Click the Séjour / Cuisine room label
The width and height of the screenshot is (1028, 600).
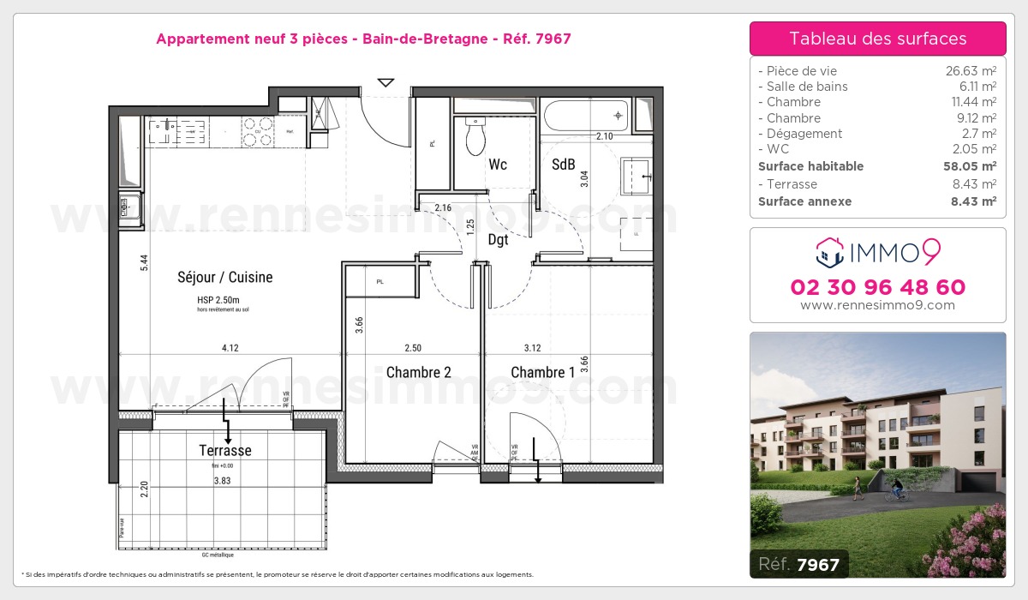pyautogui.click(x=224, y=277)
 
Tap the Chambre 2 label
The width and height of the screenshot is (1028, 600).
pyautogui.click(x=418, y=372)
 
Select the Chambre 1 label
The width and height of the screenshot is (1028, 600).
pyautogui.click(x=542, y=372)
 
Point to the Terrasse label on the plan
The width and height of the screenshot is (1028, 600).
pyautogui.click(x=224, y=450)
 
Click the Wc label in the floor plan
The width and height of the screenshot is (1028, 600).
pyautogui.click(x=498, y=165)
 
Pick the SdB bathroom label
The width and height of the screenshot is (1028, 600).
pyautogui.click(x=563, y=165)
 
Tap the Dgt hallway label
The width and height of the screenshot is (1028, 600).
pyautogui.click(x=498, y=240)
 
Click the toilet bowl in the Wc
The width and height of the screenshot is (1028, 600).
pyautogui.click(x=475, y=137)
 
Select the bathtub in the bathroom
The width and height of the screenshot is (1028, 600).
pyautogui.click(x=585, y=113)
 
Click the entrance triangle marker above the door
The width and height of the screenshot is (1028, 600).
pyautogui.click(x=385, y=82)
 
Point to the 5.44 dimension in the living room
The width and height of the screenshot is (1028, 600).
pyautogui.click(x=145, y=263)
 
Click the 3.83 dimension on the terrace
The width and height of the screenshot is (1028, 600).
pyautogui.click(x=222, y=481)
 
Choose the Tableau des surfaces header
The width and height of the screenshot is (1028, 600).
pyautogui.click(x=877, y=39)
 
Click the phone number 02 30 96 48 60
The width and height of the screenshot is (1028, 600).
pyautogui.click(x=877, y=287)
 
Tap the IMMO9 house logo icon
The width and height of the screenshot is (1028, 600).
pyautogui.click(x=828, y=253)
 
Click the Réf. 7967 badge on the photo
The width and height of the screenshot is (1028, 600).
pyautogui.click(x=799, y=564)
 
